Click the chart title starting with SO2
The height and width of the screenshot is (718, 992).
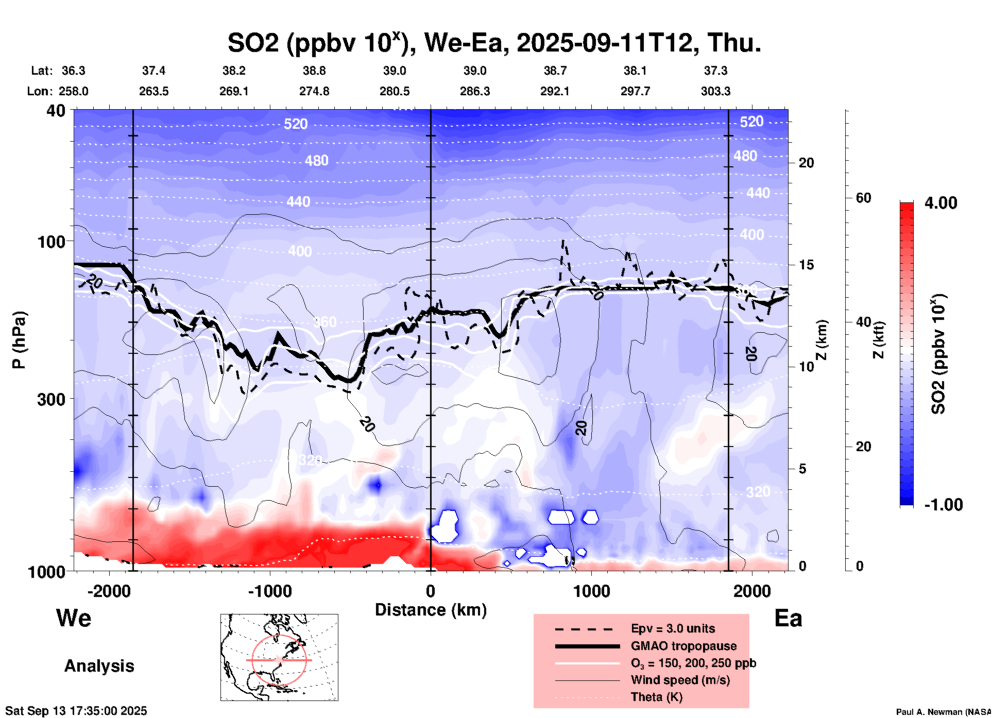pos(494,43)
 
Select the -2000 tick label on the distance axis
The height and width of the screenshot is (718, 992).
pos(109,591)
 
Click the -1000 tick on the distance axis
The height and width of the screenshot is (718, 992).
pos(269,591)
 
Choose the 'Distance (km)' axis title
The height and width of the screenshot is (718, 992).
pos(431,610)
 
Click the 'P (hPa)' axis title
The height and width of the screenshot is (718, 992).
pos(19,340)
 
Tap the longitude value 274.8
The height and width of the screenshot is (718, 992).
pos(314,92)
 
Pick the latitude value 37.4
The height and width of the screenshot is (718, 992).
pos(153,71)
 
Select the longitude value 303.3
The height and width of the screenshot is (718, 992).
pos(715,92)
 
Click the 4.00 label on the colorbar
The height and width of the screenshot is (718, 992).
pos(940,203)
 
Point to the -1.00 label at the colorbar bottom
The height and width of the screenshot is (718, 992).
pos(943,505)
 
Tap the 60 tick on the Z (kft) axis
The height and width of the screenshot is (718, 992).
pos(863,198)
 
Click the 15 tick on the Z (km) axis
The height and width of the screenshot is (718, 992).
pos(806,265)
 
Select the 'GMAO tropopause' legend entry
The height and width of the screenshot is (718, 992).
pos(683,646)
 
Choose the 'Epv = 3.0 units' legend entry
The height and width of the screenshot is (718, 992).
pos(673,629)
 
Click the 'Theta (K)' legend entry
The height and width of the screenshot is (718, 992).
pos(656,697)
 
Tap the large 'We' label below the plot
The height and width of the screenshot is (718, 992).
pos(74,618)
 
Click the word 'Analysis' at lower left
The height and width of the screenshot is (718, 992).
pos(99,666)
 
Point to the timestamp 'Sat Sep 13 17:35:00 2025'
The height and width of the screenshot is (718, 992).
pos(76,711)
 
